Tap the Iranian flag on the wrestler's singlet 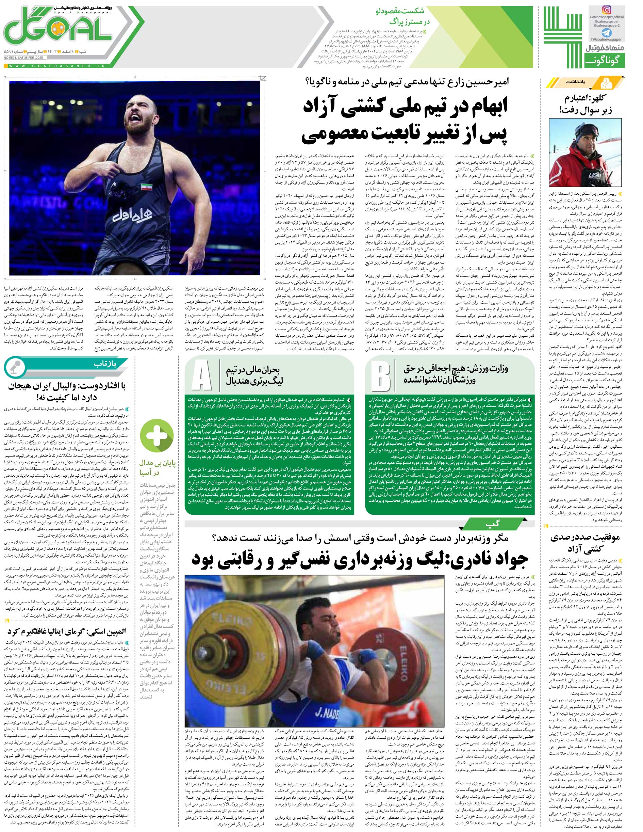pyautogui.click(x=145, y=186)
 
